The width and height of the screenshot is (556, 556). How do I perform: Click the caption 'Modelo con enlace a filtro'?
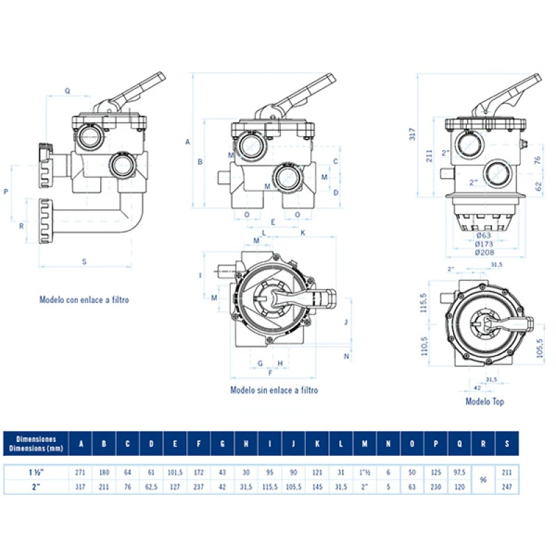click(x=84, y=300)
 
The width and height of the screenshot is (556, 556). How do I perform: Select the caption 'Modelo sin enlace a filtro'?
click(x=274, y=391)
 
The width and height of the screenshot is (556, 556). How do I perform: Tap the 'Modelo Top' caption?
click(x=484, y=402)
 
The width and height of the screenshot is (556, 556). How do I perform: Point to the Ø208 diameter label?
click(x=484, y=252)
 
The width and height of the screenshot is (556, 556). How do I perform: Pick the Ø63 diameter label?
click(x=484, y=236)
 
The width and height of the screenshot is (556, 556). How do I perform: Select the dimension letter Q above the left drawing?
click(x=67, y=91)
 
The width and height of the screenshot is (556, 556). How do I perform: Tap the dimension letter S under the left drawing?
click(x=84, y=261)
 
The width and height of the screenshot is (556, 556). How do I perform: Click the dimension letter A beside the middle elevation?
click(x=188, y=142)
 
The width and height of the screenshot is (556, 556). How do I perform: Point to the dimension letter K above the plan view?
click(x=304, y=233)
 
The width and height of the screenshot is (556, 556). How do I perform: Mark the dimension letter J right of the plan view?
click(x=345, y=322)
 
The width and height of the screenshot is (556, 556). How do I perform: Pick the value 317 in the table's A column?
click(x=81, y=486)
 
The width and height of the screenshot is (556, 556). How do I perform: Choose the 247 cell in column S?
click(x=507, y=486)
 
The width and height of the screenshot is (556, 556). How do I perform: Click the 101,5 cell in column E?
click(x=175, y=473)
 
